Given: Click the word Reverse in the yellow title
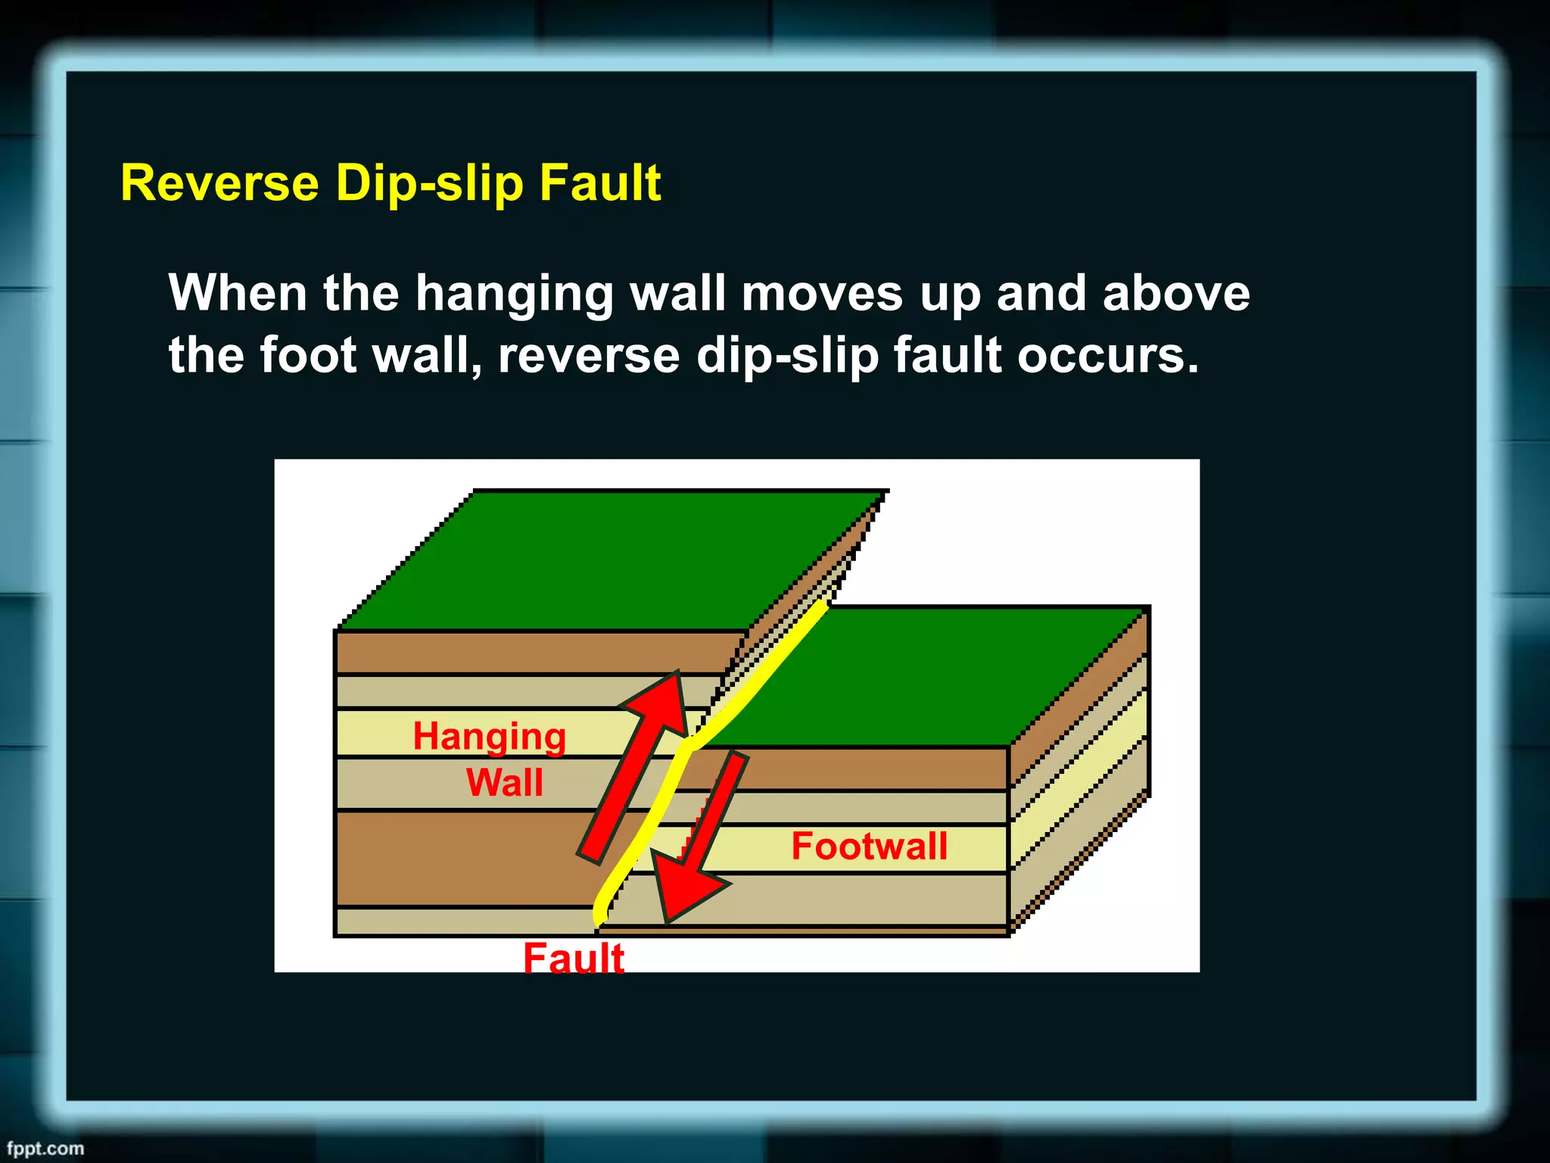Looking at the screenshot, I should click(x=219, y=183).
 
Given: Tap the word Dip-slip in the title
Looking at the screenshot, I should click(x=429, y=183).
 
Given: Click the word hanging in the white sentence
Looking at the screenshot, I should click(x=514, y=294).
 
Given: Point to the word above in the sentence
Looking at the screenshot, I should click(x=1175, y=294).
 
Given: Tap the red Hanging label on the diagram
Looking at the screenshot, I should click(x=489, y=737).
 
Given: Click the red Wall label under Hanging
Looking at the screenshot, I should click(x=504, y=782).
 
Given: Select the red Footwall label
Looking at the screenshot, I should click(x=869, y=846).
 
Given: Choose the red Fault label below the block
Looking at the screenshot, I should click(x=574, y=957).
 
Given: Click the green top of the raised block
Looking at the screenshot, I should click(x=605, y=560).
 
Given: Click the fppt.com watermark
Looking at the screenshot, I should click(x=45, y=1148).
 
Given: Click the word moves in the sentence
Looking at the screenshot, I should click(x=822, y=294).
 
